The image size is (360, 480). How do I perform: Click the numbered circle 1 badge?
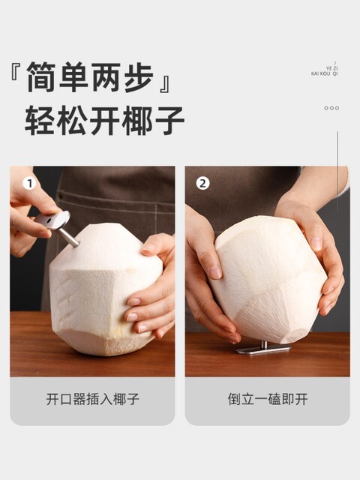pyautogui.click(x=30, y=184)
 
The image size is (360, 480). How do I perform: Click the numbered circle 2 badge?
pyautogui.click(x=202, y=184)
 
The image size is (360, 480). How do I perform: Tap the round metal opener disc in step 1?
pyautogui.click(x=56, y=220)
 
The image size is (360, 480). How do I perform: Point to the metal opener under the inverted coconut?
pyautogui.click(x=262, y=348)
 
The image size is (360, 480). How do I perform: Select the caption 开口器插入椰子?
pyautogui.click(x=92, y=399)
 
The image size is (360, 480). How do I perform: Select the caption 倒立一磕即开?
pyautogui.click(x=268, y=399)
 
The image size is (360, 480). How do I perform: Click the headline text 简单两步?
pyautogui.click(x=90, y=77)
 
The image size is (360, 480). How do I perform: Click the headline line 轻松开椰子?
pyautogui.click(x=104, y=120)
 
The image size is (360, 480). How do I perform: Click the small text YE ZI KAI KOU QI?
pyautogui.click(x=325, y=70)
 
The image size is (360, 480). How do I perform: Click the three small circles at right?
pyautogui.click(x=331, y=108)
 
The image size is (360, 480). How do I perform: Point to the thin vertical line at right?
pyautogui.click(x=337, y=161)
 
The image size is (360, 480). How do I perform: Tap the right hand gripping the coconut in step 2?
pyautogui.click(x=319, y=247)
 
